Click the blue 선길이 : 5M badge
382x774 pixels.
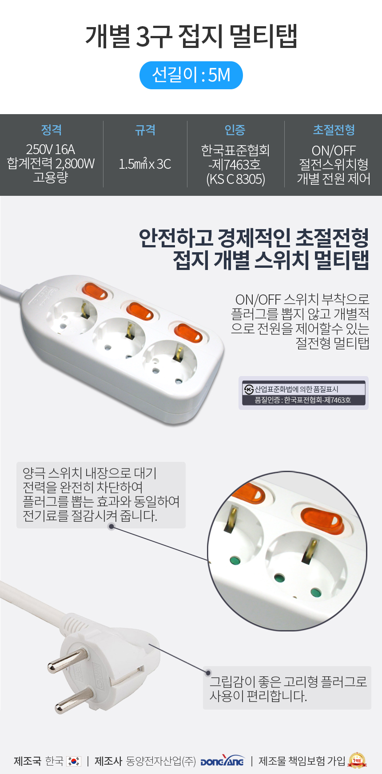[191, 75]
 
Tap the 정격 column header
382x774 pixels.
[52, 130]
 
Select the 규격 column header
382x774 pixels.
[145, 130]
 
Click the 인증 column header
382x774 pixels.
[235, 130]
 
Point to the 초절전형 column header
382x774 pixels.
[334, 130]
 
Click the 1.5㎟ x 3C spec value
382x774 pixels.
[145, 164]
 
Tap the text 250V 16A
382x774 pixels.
[51, 149]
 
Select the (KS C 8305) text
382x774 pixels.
[236, 179]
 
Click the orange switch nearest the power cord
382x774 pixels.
[94, 291]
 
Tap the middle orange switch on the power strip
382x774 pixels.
[140, 310]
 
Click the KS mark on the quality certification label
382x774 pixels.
[249, 389]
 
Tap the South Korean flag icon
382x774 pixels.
[74, 761]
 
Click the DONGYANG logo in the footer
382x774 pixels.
[222, 761]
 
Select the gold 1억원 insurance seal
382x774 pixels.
[358, 760]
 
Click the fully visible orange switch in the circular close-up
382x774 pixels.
[322, 520]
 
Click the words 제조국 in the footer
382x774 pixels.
[28, 761]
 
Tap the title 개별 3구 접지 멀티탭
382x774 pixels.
[191, 36]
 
